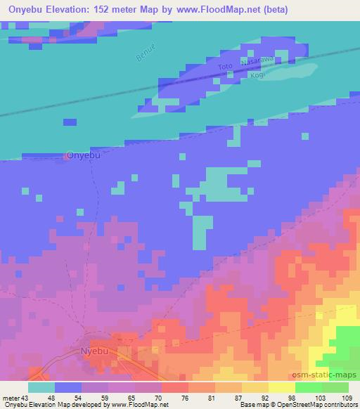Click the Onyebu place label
(x=84, y=155)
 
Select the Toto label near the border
(x=225, y=67)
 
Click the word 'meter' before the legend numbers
(x=8, y=398)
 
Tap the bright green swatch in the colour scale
(x=308, y=387)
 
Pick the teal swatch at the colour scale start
(x=41, y=387)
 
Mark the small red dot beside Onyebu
(x=66, y=156)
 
